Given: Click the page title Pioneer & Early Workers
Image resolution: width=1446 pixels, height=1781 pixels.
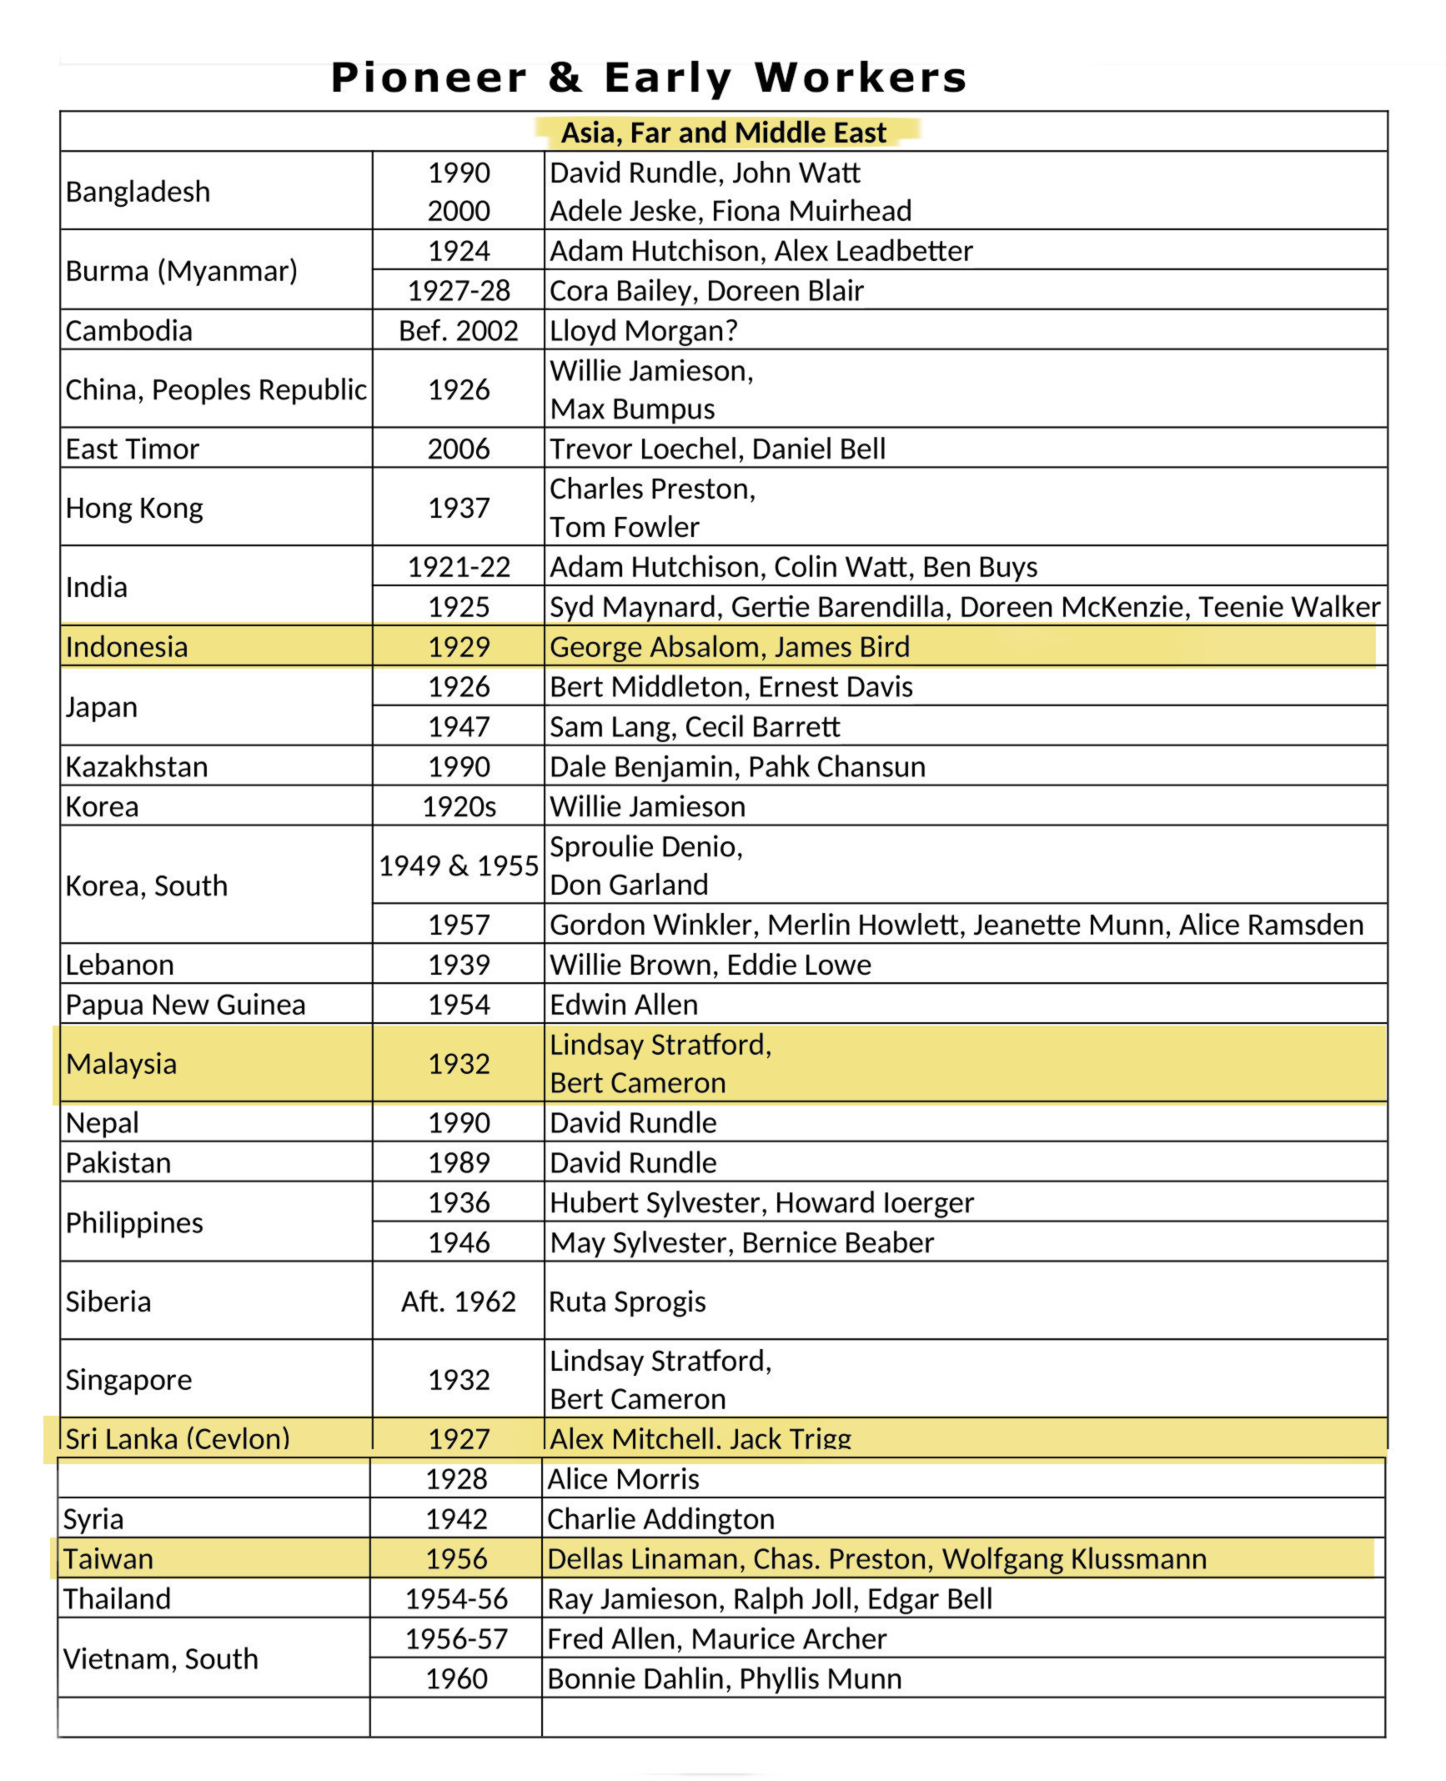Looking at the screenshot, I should coord(649,78).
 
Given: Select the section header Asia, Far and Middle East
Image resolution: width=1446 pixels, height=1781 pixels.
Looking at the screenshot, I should coord(723,133).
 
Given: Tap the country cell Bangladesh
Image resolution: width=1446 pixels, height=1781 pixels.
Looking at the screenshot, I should coord(138,192).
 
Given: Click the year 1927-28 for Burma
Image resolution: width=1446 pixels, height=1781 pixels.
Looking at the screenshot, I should coord(459,290).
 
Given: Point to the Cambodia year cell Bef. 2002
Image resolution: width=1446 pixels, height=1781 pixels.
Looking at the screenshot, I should coord(459,330).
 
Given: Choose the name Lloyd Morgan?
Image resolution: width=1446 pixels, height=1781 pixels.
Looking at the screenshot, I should coord(643,330).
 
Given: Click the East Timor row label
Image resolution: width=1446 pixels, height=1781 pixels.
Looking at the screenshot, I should coord(133,449).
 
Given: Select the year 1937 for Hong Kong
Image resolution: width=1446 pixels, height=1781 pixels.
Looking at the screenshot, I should coord(459,508).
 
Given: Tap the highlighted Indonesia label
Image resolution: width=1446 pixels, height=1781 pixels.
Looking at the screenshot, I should coord(127,647).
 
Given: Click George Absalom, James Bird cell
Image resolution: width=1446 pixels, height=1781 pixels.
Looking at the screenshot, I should coord(730,647).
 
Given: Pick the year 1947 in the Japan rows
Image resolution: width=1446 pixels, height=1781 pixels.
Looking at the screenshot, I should coord(459,726).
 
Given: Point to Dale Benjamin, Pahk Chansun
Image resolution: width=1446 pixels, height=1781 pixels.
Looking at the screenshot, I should coord(737,766).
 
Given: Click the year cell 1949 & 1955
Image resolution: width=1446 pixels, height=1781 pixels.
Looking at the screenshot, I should coord(459,865).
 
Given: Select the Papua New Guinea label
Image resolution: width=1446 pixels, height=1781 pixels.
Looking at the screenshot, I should coord(185,1005).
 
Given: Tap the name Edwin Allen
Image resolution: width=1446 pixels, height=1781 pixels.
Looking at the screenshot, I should coord(624,1005).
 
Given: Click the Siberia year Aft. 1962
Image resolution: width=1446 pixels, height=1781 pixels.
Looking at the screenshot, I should coord(459,1302).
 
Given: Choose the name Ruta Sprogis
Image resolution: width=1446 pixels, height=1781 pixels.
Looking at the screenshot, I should coord(627,1302).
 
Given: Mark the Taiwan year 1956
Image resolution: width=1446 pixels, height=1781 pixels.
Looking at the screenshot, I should coord(456,1558).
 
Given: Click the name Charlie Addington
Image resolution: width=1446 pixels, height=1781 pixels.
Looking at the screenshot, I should coord(660,1518).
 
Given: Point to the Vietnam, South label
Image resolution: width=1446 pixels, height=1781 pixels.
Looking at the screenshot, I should coord(160,1658).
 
